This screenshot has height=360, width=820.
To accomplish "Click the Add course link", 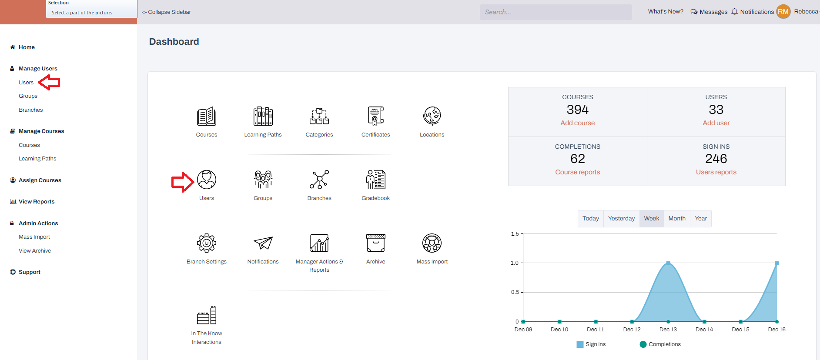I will coord(577,123).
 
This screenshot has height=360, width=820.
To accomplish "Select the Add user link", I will coord(716,123).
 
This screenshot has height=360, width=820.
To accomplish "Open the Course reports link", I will coord(577,172).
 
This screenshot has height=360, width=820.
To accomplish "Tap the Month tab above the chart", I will coord(676,218).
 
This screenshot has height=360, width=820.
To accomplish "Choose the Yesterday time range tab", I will coord(621,218).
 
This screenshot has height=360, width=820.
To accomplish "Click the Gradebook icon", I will coord(375,180).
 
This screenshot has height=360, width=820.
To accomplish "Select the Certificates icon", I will coord(375,116).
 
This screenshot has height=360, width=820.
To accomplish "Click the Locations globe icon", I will coord(432,116).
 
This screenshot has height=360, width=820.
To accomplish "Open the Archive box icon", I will coord(375,243).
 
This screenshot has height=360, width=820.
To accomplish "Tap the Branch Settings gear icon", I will coord(207,243).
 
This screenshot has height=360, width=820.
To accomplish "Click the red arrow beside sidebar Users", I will coord(49,82).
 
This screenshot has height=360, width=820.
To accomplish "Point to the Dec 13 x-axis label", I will coord(668,330).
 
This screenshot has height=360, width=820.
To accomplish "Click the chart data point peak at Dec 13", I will coord(668,263).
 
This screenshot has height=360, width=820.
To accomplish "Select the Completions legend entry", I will coord(660,344).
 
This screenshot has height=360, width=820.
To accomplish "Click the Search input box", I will coord(556,12).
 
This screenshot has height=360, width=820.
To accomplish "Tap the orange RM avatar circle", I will coord(783,12).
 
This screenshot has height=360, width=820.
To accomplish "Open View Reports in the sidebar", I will coord(37,202).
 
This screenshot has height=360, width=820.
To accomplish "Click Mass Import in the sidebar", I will coord(34,237).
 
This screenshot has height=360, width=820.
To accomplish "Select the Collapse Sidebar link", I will coord(167,12).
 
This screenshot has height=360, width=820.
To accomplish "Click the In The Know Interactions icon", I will coord(207,316).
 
